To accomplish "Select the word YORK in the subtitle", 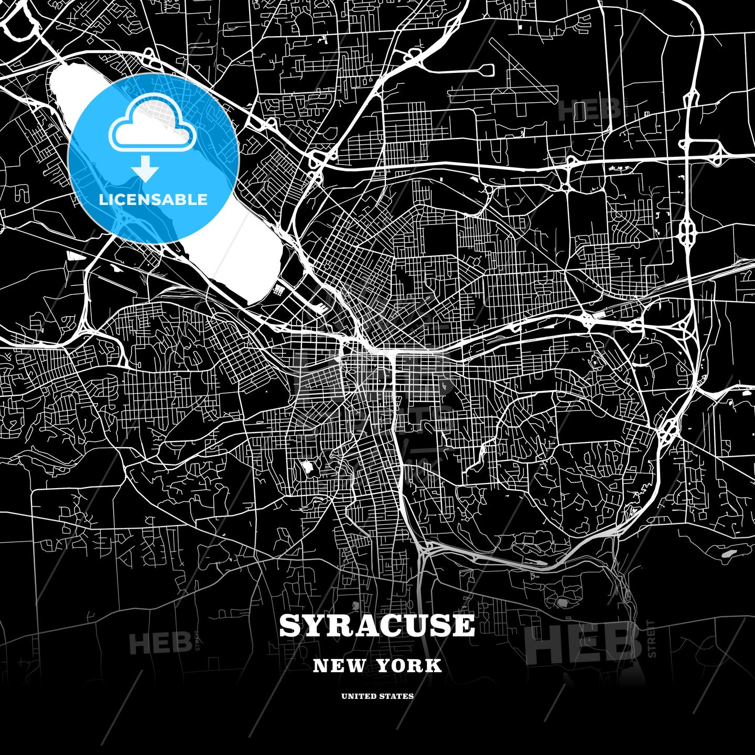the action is point(409,666).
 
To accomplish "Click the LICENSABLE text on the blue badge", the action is point(153,199).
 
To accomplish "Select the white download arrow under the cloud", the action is point(145,169).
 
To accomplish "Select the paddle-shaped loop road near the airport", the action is point(485,69).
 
